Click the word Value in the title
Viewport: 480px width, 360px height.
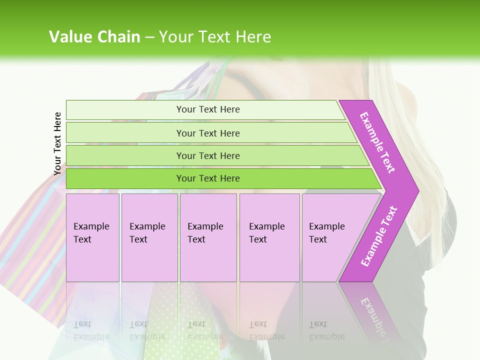[x=70, y=37]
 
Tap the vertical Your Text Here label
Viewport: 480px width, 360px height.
[x=57, y=143]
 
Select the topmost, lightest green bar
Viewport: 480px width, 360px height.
[x=207, y=109]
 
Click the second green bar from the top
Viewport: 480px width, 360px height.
[x=207, y=133]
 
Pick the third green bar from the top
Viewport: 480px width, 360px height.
[x=207, y=155]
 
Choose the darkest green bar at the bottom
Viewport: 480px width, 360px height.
[x=207, y=178]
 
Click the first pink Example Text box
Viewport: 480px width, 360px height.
[x=92, y=237]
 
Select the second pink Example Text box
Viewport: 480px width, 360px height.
[x=149, y=237]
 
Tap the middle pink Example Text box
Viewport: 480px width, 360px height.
[x=208, y=237]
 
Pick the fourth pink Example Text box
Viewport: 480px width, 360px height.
[x=269, y=237]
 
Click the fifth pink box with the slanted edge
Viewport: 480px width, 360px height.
[x=327, y=237]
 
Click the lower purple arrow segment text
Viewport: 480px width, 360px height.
[x=379, y=236]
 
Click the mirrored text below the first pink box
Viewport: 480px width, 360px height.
[x=91, y=330]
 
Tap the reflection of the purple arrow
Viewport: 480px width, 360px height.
[x=375, y=312]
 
